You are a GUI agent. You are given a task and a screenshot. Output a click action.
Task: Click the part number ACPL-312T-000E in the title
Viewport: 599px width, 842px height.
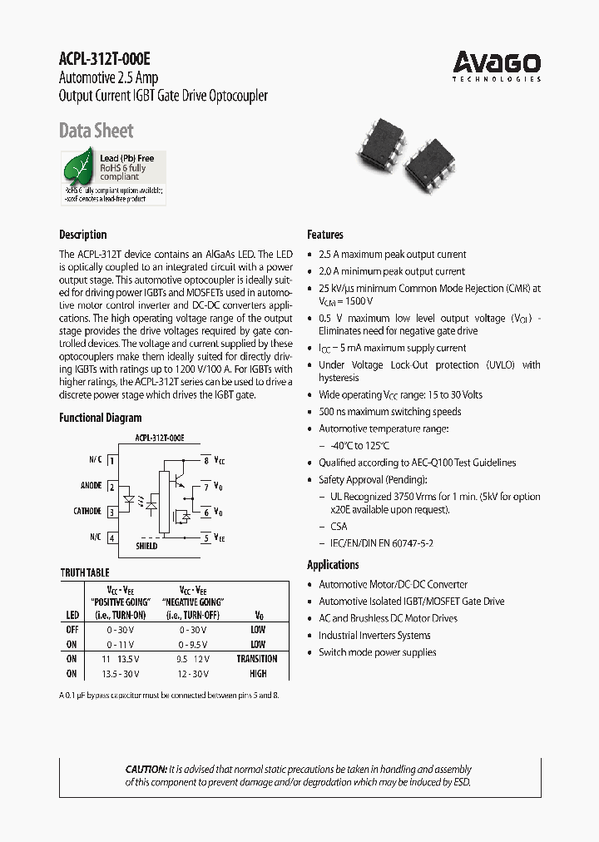coord(105,59)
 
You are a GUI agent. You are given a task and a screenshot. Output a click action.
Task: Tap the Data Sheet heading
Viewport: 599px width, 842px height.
coord(96,131)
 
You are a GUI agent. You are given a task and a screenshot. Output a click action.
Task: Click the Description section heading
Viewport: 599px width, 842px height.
coord(82,235)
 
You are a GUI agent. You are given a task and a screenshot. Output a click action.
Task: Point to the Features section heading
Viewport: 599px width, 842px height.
coord(325,235)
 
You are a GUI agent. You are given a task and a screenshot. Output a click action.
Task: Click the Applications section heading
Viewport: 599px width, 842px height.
coord(333,565)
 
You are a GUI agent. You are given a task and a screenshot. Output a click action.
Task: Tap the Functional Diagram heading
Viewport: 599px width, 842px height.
coord(100,418)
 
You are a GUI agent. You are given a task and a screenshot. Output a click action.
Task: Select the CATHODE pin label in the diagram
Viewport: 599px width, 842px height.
coord(87,512)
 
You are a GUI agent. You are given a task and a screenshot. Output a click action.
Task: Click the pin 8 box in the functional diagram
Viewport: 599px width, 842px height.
coord(206,460)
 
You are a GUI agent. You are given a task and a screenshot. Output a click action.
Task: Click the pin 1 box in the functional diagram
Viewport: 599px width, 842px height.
coord(111,460)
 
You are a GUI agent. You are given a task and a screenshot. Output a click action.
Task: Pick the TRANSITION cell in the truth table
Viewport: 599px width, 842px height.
coord(257,658)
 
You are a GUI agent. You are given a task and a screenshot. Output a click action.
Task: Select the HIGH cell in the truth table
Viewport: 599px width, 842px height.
coord(257,673)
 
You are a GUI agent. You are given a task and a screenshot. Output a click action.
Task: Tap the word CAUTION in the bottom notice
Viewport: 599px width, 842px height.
coord(146,769)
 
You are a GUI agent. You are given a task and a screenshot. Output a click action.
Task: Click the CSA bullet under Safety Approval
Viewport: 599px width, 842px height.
coord(339,527)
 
